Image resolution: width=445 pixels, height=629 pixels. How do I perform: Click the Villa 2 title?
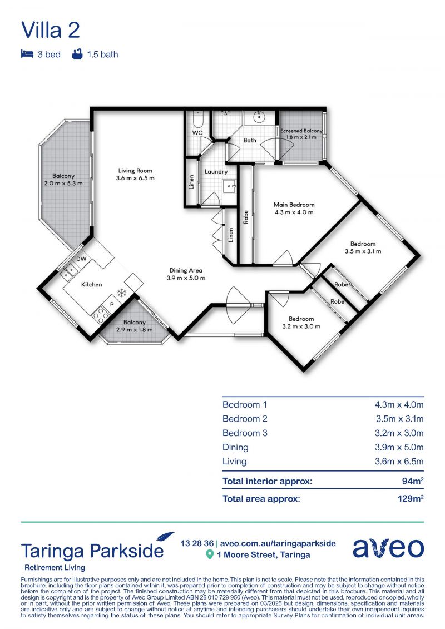[51, 30]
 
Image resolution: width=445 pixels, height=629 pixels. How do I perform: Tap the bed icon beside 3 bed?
[27, 54]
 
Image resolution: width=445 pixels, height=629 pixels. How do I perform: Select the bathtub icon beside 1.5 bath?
[77, 54]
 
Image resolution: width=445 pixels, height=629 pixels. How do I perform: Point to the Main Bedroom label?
[294, 205]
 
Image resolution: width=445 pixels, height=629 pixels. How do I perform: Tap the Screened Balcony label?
[301, 131]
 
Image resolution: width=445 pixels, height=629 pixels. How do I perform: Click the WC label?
[197, 133]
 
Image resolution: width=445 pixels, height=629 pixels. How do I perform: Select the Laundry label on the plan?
[216, 172]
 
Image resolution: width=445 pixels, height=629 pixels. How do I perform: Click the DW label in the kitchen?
[81, 259]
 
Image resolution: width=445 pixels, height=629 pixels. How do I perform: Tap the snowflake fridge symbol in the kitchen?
[121, 293]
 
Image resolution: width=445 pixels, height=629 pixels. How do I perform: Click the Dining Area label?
[186, 270]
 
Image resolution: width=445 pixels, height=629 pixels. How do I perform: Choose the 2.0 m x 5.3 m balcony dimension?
[63, 184]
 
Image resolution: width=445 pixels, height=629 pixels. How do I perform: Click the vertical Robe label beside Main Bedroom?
[246, 217]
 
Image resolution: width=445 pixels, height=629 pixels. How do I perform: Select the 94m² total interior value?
[413, 481]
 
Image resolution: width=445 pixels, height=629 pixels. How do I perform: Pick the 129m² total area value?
[411, 498]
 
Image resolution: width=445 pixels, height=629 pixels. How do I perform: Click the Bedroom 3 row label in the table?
[245, 433]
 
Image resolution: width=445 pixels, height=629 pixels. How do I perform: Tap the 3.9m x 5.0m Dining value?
[399, 447]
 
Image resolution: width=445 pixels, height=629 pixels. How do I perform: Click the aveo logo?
[388, 548]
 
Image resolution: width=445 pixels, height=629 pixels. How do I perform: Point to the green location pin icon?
[209, 555]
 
